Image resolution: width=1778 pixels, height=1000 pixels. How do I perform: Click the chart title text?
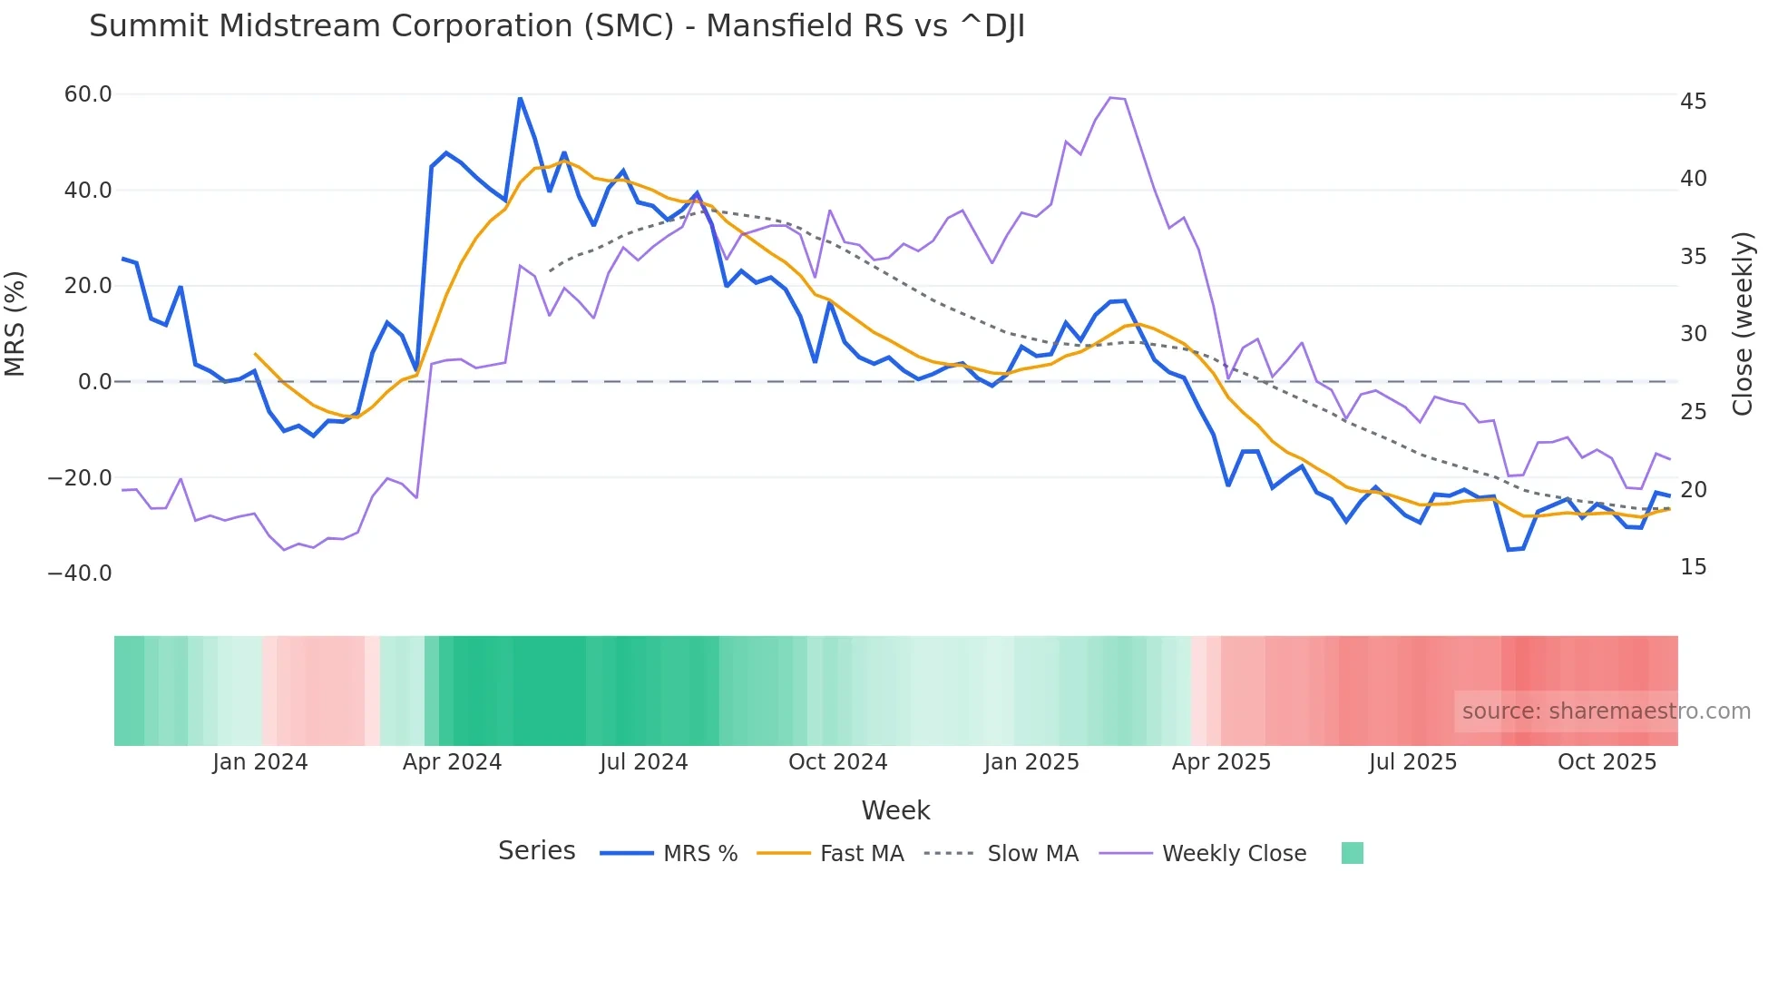(x=557, y=26)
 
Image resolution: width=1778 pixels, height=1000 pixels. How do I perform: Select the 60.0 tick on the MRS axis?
(x=88, y=94)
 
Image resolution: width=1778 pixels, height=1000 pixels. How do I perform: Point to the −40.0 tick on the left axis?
(x=80, y=574)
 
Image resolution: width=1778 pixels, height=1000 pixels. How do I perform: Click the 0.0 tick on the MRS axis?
(x=94, y=382)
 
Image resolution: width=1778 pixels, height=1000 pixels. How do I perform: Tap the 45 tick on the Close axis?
(x=1693, y=102)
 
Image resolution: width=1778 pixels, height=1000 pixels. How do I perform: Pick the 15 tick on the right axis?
(x=1693, y=567)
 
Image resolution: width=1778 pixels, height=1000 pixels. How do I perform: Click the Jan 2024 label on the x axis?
(x=260, y=762)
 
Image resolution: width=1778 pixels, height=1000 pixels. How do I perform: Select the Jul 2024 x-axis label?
(x=644, y=762)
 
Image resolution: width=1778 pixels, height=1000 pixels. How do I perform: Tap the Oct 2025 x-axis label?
(x=1607, y=762)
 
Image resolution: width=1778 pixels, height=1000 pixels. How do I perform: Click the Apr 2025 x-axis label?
(x=1221, y=762)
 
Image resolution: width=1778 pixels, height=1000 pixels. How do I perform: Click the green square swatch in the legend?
(x=1352, y=853)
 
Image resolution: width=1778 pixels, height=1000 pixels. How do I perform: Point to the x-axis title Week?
(x=895, y=810)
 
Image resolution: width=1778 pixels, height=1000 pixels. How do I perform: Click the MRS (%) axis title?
(x=15, y=324)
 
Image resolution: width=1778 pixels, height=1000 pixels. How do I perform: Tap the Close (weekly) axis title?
(x=1742, y=324)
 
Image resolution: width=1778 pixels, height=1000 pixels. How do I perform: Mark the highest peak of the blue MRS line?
(x=520, y=98)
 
